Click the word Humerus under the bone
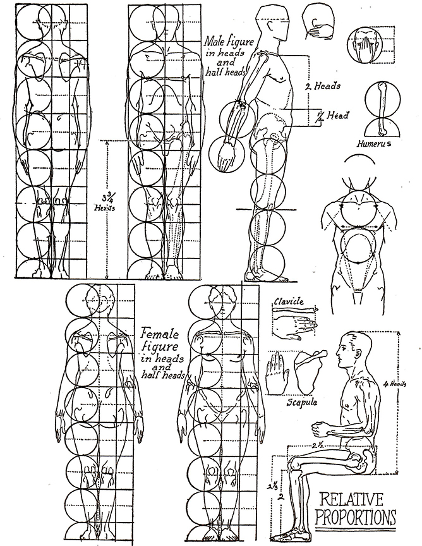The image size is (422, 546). coord(374,143)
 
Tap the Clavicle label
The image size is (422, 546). coord(289,301)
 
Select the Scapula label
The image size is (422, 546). coord(302,402)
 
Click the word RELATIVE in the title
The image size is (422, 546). coord(351,499)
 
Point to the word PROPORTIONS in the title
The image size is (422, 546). coord(356,517)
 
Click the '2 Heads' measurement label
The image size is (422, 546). coord(323,86)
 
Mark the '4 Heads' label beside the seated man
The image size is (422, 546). coord(394,384)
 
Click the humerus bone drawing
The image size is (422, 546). coord(382,109)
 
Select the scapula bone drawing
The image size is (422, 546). coord(308,371)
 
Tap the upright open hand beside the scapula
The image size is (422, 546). coord(277,373)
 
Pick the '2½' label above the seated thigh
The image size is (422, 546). coord(318,445)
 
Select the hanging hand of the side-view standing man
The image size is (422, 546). coord(226,155)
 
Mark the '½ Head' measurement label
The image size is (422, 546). coord(332,116)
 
